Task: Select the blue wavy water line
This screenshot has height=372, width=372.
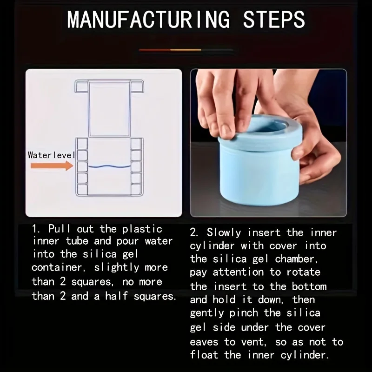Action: [110, 166]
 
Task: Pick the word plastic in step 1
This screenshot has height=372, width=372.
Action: [142, 229]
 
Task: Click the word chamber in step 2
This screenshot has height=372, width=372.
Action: [297, 259]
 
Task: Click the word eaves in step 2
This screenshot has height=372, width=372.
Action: [204, 342]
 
